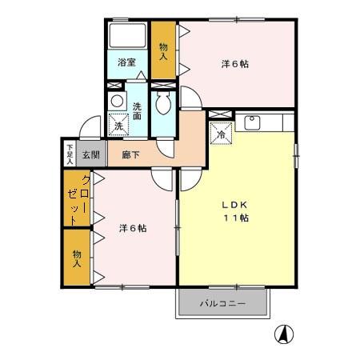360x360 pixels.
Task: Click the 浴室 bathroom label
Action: tap(126, 62)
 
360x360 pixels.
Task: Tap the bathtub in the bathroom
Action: tap(127, 37)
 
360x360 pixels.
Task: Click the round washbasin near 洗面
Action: tap(117, 102)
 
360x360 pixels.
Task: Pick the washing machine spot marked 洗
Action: tap(118, 125)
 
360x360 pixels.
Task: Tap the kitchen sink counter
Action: tap(264, 122)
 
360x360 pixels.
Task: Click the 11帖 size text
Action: tap(235, 218)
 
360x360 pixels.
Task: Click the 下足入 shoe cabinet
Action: tap(70, 153)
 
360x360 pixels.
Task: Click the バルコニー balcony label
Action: tap(222, 305)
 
